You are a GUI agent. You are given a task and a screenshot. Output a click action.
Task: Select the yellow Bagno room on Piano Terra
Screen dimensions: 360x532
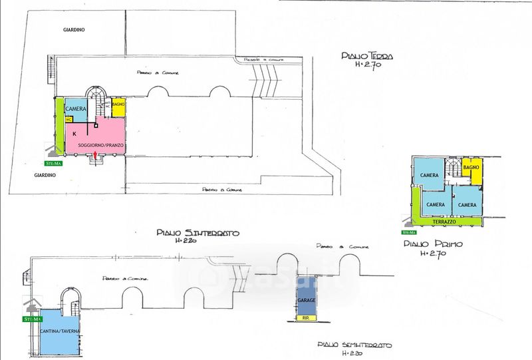click(119, 106)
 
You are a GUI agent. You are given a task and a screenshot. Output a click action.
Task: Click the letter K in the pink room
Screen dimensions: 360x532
click(74, 133)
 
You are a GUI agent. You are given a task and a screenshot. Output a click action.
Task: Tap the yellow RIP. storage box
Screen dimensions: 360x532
click(306, 319)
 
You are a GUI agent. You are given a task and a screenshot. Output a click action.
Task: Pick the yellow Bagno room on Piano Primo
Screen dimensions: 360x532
click(471, 170)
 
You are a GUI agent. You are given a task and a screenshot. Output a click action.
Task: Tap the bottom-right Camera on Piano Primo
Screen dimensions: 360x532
click(467, 204)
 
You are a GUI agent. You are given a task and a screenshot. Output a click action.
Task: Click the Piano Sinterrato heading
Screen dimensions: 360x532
click(198, 233)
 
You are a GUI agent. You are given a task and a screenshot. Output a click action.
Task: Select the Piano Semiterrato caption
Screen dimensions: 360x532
click(354, 346)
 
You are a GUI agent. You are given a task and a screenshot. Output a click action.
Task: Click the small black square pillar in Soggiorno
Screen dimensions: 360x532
click(96, 124)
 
